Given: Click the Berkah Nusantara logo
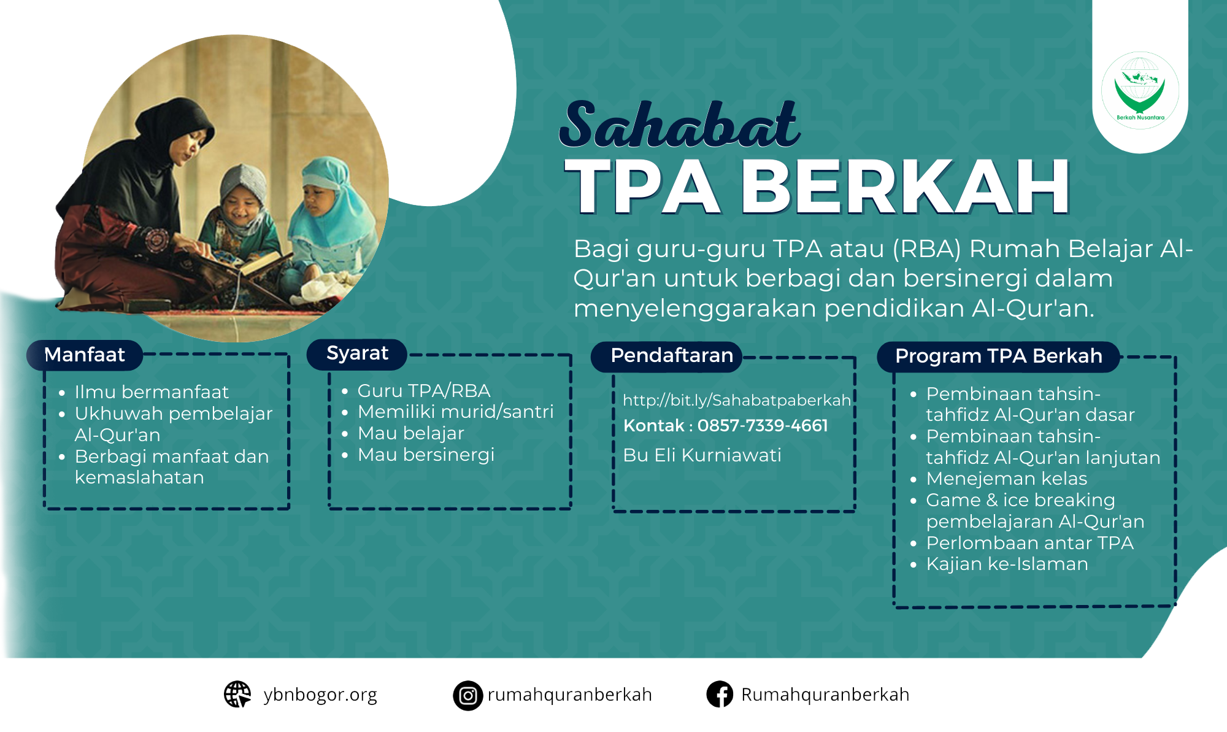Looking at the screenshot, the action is coord(1140,90).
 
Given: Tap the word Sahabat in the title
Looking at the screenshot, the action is coord(680,125).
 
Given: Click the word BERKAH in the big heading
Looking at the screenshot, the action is coord(906,187).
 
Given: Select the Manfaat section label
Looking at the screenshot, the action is coord(85,355).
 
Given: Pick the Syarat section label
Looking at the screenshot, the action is coord(357,353).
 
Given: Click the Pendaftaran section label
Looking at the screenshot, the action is coord(672,355).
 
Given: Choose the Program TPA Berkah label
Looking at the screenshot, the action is coord(999,356).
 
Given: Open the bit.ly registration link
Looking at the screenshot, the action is coord(737,400).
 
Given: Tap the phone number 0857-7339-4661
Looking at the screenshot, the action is coord(763,425).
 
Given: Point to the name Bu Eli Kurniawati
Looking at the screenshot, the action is coord(702,455).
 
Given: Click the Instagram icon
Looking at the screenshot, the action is coord(468,695).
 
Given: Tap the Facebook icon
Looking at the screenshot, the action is coord(720,695).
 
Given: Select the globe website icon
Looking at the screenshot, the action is coord(237,694).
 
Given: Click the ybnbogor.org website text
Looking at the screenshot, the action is coord(320,695).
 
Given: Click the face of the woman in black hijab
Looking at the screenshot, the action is coord(188,148).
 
